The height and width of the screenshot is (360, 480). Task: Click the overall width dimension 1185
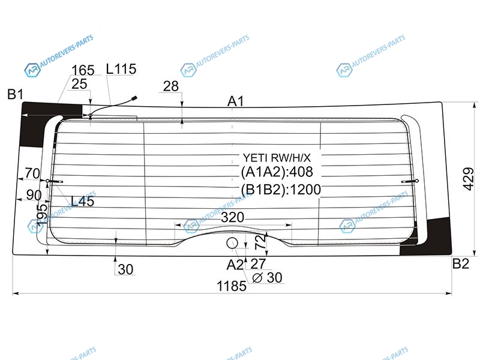pos(232,286)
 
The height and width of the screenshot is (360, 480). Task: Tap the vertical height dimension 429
pos(469,179)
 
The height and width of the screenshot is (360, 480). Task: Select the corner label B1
pos(16,94)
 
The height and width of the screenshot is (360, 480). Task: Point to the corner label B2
pos(461,263)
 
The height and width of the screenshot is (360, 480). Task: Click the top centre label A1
pos(235,101)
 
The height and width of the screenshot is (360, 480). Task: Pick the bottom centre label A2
pos(235,265)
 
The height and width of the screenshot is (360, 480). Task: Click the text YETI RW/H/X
pos(277,158)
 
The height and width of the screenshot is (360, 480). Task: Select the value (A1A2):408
pos(277,172)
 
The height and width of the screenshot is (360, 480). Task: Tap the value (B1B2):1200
pos(281,190)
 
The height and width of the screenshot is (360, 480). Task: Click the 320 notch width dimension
pos(232,217)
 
